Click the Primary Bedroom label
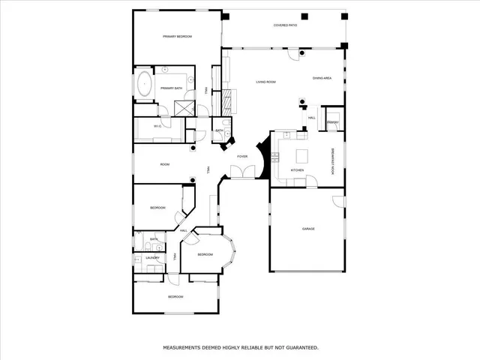[178, 37]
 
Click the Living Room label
[266, 82]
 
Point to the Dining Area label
[322, 78]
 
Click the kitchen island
[303, 156]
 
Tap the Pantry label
[333, 122]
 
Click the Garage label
[308, 229]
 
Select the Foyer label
[242, 156]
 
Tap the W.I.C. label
[158, 126]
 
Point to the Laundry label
[153, 258]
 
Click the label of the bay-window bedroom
[205, 255]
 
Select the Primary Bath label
[171, 88]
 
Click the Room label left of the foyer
[165, 164]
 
